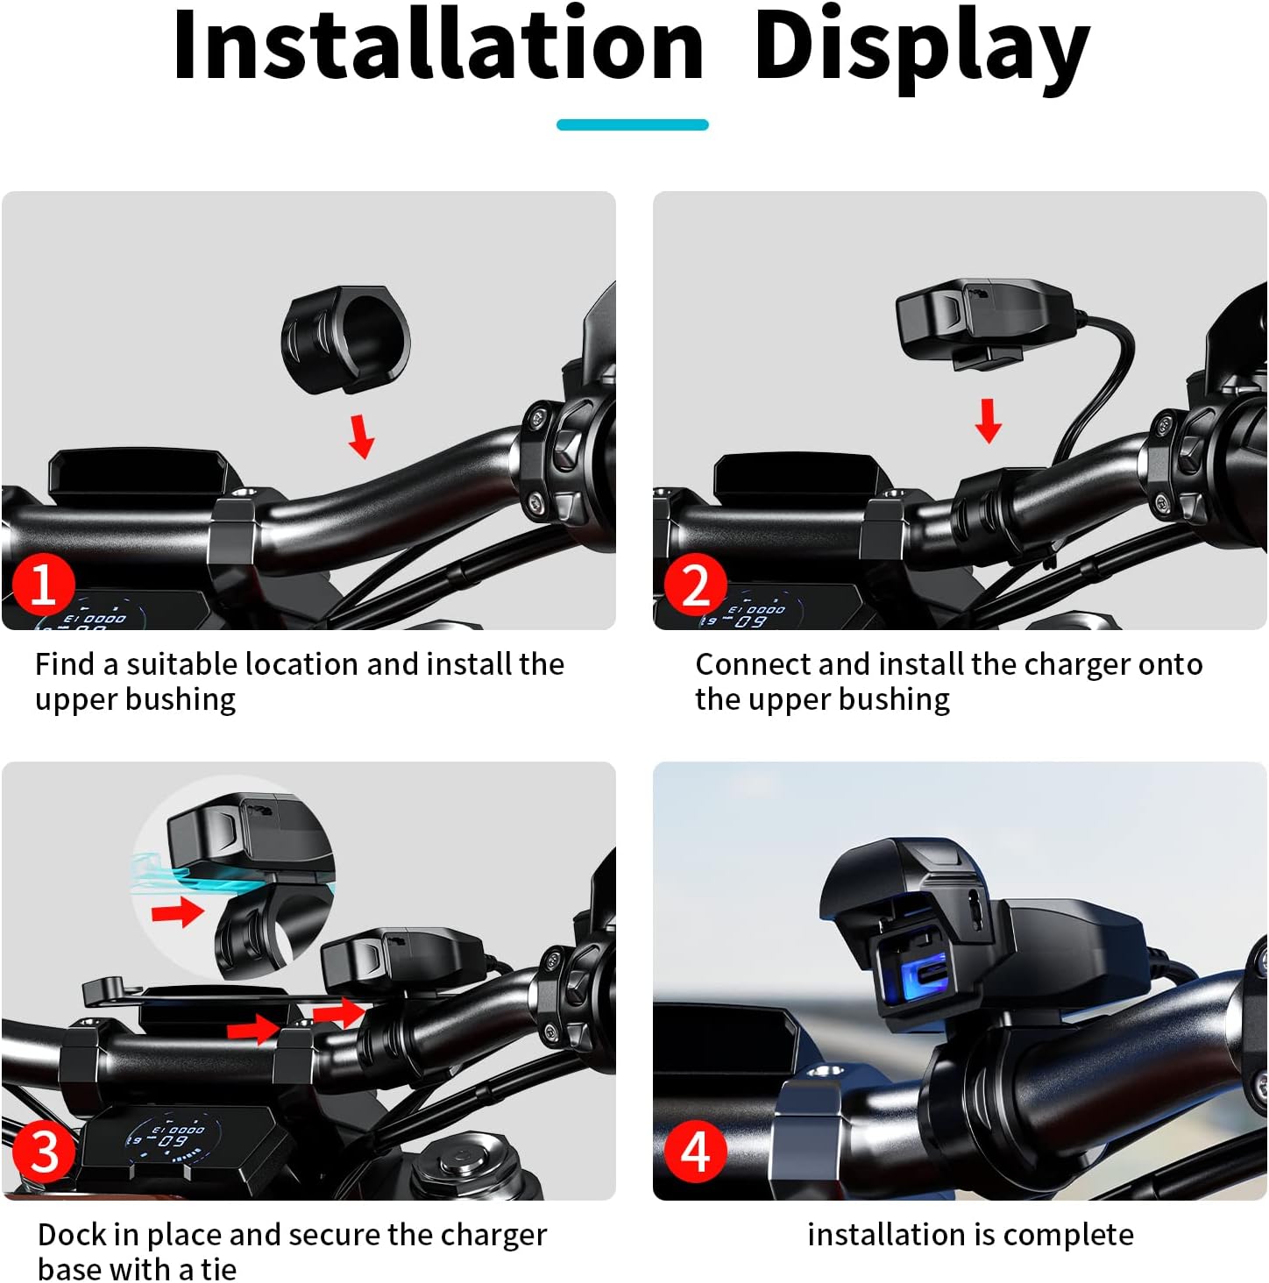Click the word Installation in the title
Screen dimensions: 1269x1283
pyautogui.click(x=437, y=46)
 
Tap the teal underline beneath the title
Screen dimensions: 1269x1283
pyautogui.click(x=632, y=124)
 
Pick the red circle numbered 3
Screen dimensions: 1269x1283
pyautogui.click(x=44, y=1152)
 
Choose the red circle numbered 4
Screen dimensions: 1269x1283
pyautogui.click(x=696, y=1152)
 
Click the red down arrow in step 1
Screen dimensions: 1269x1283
pyautogui.click(x=362, y=436)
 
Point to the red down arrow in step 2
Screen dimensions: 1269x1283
pyautogui.click(x=989, y=421)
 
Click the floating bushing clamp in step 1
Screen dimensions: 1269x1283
pyautogui.click(x=345, y=339)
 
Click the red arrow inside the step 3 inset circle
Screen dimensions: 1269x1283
pyautogui.click(x=178, y=911)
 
